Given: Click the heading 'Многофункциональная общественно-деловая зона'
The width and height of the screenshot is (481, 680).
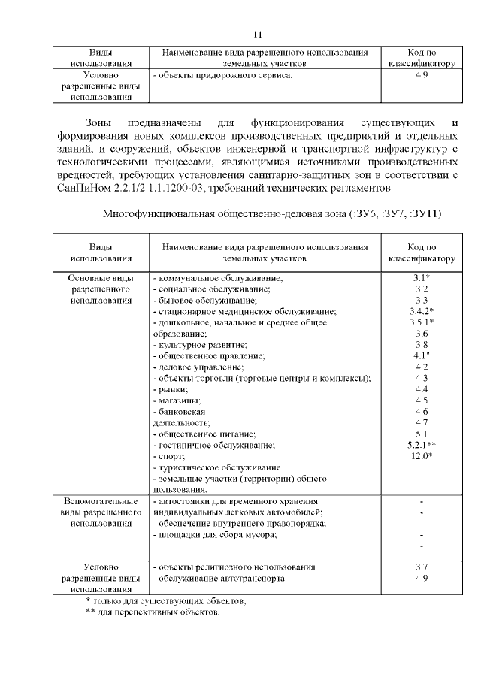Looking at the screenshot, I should [223, 214].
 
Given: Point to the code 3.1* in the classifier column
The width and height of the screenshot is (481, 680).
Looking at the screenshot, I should [421, 277].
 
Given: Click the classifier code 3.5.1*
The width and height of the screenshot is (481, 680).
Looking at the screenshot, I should [421, 322].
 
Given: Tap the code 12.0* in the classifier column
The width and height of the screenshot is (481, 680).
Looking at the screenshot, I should [421, 457].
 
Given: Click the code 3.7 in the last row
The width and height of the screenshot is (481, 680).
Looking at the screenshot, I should [421, 567].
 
